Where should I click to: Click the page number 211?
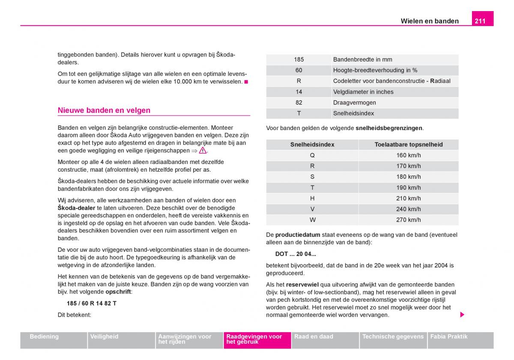(x=480, y=21)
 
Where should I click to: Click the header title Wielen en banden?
(x=429, y=21)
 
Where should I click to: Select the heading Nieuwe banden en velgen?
(x=104, y=110)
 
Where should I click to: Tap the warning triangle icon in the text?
(x=203, y=151)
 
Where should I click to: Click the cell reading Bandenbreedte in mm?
(x=362, y=60)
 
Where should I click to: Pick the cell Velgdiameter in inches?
(x=363, y=92)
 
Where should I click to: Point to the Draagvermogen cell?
(x=354, y=103)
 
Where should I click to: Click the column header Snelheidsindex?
(x=312, y=145)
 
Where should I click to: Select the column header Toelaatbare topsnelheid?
(x=408, y=145)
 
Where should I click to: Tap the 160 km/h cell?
(x=408, y=155)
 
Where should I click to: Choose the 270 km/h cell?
(x=408, y=220)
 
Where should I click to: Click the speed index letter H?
(x=312, y=198)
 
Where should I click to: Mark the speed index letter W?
(x=312, y=220)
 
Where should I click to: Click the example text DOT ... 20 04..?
(x=296, y=254)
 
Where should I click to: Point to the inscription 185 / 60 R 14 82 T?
(x=92, y=303)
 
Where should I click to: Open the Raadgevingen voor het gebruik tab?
(x=257, y=339)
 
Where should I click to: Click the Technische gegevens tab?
(x=393, y=337)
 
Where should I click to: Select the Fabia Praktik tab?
(x=449, y=337)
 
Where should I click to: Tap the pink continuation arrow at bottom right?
(x=462, y=315)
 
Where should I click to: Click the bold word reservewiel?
(x=302, y=285)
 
